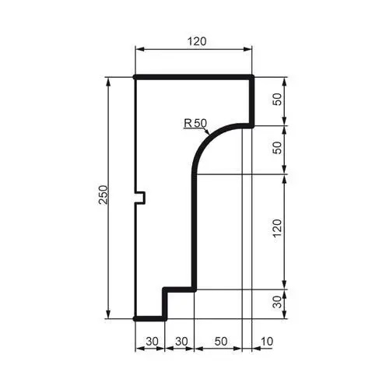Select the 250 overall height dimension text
[103, 196]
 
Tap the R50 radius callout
[195, 122]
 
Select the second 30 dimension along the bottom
[179, 340]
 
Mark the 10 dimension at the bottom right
[268, 340]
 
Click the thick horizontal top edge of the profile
[195, 77]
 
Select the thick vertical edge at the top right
[254, 101]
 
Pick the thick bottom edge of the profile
[149, 318]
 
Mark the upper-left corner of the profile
[135, 77]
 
